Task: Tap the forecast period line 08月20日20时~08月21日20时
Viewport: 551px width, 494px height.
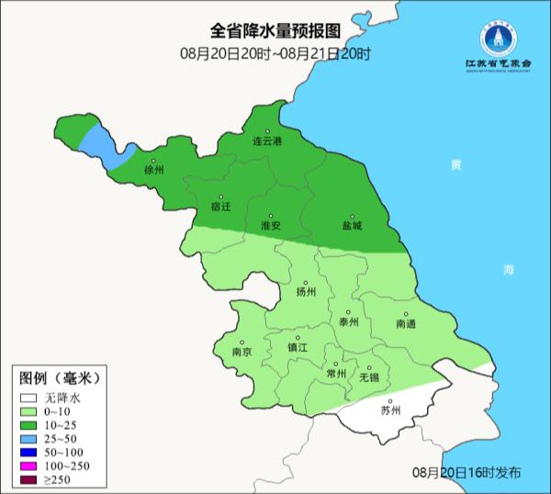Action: [x=275, y=54]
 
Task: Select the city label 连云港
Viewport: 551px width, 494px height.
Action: [x=267, y=142]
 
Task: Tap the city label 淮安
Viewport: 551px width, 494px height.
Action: [x=271, y=225]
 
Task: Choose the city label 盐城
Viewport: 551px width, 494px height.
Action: [x=352, y=225]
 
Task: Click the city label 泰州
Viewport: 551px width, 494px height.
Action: [x=349, y=321]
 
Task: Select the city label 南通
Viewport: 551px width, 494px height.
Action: [x=406, y=324]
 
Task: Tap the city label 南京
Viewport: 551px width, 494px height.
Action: [x=242, y=352]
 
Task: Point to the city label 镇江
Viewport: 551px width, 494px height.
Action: [x=298, y=347]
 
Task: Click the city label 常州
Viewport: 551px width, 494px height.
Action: [x=337, y=373]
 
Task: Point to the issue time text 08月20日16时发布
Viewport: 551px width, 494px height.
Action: [x=467, y=472]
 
